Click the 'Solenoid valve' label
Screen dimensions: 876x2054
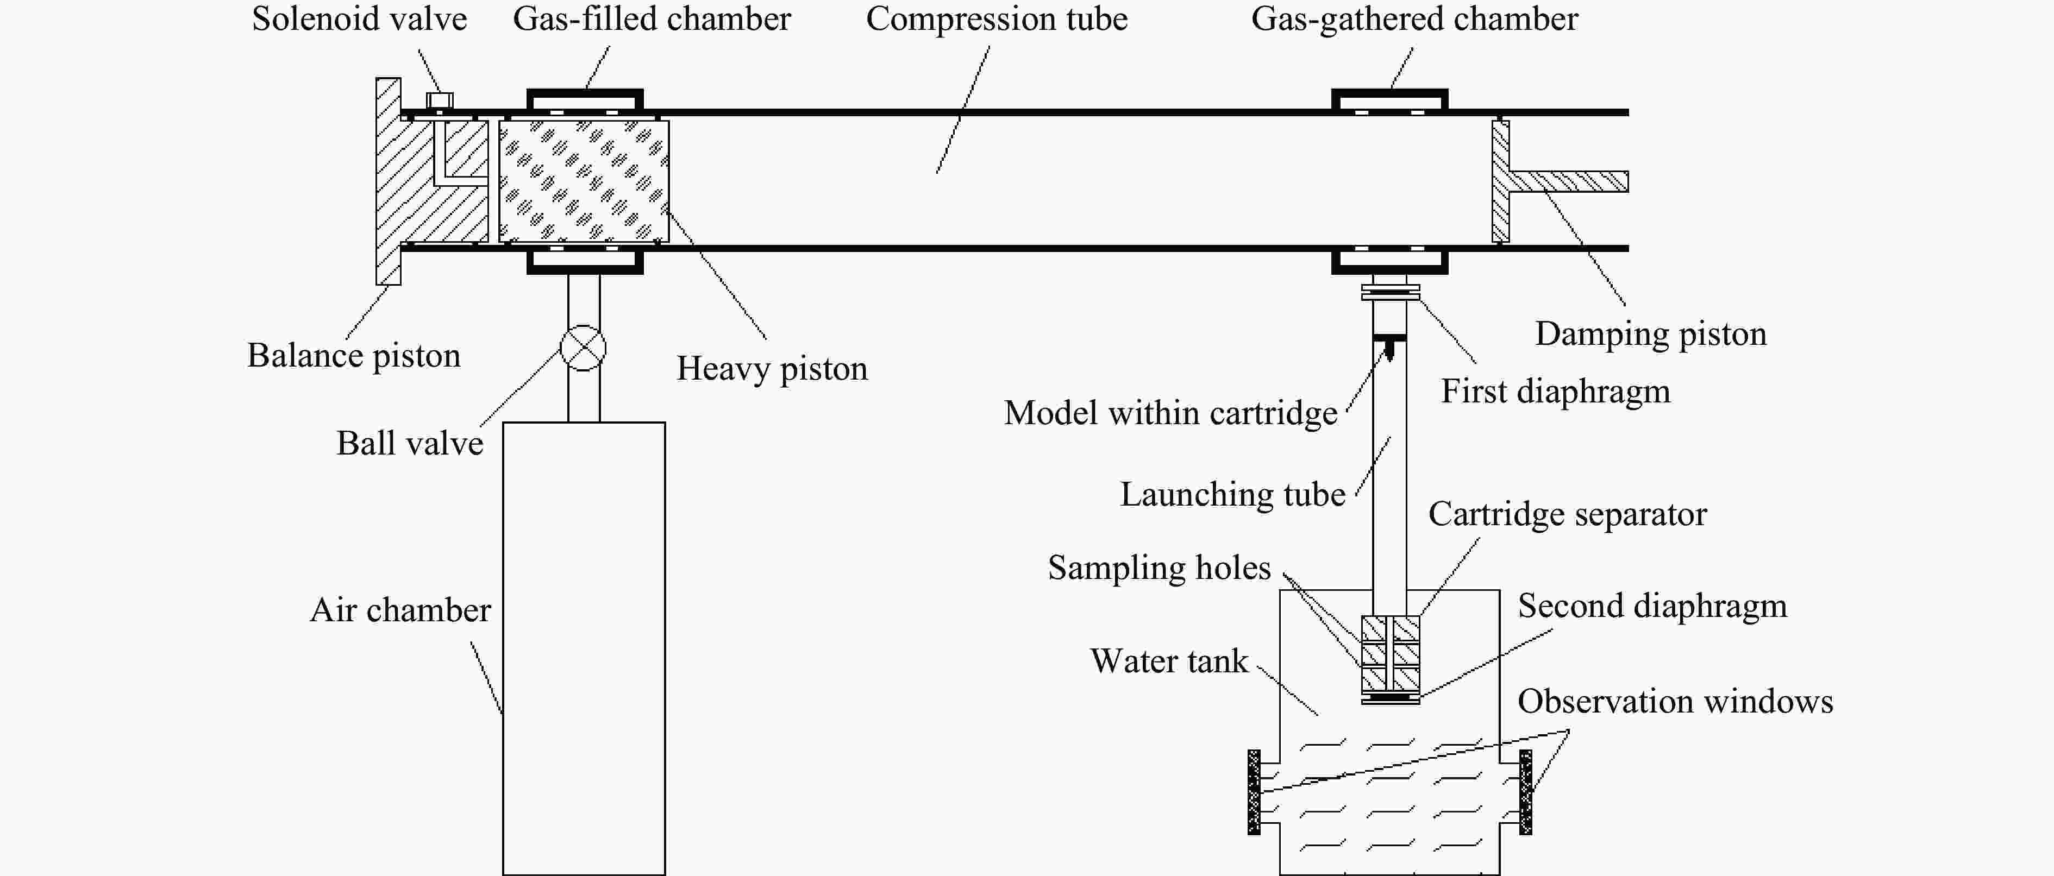click(x=359, y=19)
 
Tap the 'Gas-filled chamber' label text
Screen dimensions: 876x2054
click(x=652, y=19)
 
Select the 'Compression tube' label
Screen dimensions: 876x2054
click(x=997, y=19)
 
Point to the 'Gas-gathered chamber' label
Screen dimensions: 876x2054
click(x=1414, y=19)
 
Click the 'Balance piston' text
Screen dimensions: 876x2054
click(x=353, y=356)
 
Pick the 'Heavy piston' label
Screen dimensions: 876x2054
click(x=772, y=368)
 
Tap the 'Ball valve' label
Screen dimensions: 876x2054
click(x=409, y=443)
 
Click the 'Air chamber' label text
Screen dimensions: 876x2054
click(x=400, y=610)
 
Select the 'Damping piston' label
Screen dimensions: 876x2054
click(x=1651, y=334)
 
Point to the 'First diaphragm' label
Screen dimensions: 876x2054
click(x=1555, y=392)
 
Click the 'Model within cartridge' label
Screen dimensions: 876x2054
click(x=1170, y=413)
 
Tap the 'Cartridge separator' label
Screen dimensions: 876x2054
click(x=1567, y=514)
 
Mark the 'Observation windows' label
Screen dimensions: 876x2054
click(x=1675, y=702)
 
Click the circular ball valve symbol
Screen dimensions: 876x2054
click(x=583, y=348)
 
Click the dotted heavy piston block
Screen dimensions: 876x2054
click(x=584, y=181)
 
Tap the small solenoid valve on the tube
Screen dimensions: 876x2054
click(x=440, y=101)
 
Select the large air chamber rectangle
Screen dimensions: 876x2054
click(x=584, y=647)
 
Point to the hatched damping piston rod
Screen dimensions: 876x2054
click(x=1567, y=182)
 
